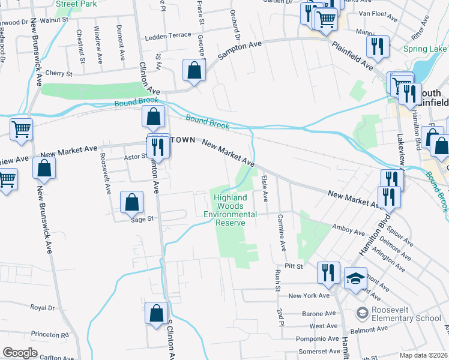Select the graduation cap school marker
(x=355, y=278)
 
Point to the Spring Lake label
(x=424, y=49)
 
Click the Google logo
(x=20, y=353)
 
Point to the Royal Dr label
(x=42, y=307)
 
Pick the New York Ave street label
(x=309, y=296)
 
